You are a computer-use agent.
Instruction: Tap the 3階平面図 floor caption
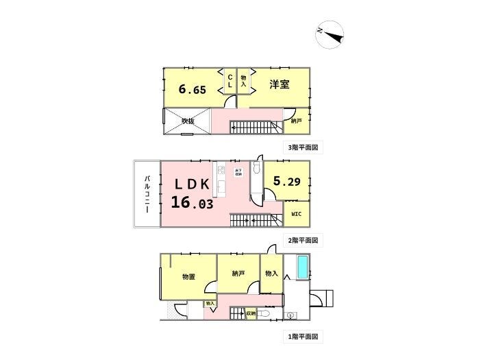pyautogui.click(x=302, y=147)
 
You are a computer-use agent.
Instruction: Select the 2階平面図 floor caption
pyautogui.click(x=302, y=241)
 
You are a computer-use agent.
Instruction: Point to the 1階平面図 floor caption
pyautogui.click(x=302, y=337)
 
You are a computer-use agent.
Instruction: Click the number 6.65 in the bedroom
pyautogui.click(x=192, y=89)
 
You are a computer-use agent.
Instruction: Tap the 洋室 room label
pyautogui.click(x=279, y=84)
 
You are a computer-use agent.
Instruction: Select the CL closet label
pyautogui.click(x=230, y=81)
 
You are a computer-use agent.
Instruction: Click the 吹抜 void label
pyautogui.click(x=188, y=121)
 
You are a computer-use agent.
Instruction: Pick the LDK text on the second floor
pyautogui.click(x=193, y=184)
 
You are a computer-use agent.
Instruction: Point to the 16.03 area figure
pyautogui.click(x=193, y=203)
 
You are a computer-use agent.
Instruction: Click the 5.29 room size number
pyautogui.click(x=286, y=181)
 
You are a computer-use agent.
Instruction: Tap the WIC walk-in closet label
pyautogui.click(x=296, y=215)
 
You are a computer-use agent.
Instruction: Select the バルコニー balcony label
pyautogui.click(x=147, y=194)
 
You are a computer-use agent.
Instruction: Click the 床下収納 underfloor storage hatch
pyautogui.click(x=238, y=173)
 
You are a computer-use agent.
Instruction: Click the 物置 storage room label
pyautogui.click(x=188, y=276)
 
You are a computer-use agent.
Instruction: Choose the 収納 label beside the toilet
pyautogui.click(x=251, y=313)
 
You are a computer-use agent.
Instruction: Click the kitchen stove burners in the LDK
pyautogui.click(x=221, y=169)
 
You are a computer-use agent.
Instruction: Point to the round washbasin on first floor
pyautogui.click(x=291, y=315)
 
